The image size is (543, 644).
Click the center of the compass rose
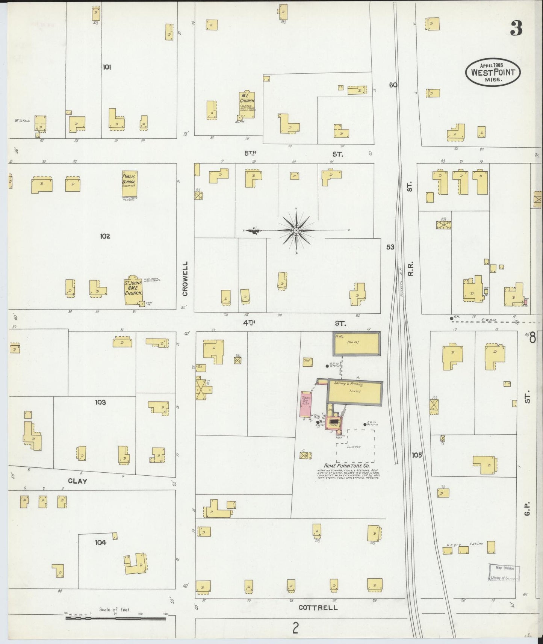point(296,230)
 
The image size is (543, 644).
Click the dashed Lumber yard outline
point(355,446)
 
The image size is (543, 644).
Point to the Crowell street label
point(185,279)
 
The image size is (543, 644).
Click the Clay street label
point(78,481)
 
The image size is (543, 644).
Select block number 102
point(105,236)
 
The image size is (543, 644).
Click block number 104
point(100,542)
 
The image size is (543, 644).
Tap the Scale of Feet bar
point(116,617)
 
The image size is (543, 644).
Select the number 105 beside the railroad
point(417,455)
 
